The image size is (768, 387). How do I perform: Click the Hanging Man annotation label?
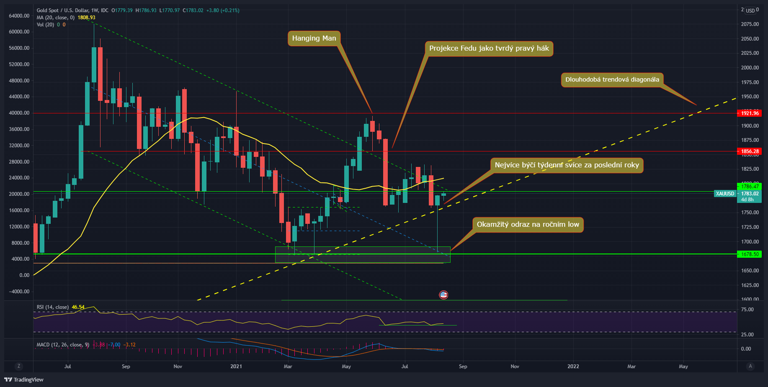(x=314, y=38)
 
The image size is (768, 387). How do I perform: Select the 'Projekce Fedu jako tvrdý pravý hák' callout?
(x=489, y=49)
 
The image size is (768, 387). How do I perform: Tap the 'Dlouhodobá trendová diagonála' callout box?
(x=612, y=80)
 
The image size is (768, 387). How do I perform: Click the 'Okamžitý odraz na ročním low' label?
(x=528, y=225)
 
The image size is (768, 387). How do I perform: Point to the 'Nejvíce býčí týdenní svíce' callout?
(x=567, y=165)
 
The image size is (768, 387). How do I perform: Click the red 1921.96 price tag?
(x=750, y=113)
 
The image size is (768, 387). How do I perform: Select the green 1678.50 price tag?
(x=750, y=254)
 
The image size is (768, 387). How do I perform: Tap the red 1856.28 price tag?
(x=750, y=151)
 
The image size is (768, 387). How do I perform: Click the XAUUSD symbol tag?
(x=725, y=194)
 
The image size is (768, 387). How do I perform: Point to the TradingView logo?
(x=24, y=379)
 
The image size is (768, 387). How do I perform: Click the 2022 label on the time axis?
(x=573, y=366)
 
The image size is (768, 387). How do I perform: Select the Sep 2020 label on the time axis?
(x=126, y=366)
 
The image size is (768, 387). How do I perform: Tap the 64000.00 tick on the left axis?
(x=19, y=16)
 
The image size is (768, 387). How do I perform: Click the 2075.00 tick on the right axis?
(x=750, y=24)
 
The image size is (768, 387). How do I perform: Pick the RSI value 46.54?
(x=78, y=307)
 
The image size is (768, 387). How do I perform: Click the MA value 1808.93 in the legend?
(x=86, y=18)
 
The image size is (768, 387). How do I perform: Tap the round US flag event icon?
(x=443, y=295)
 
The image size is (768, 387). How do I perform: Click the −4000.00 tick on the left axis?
(x=19, y=292)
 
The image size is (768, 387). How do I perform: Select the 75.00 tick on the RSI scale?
(x=747, y=310)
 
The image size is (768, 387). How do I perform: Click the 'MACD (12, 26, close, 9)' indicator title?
(x=63, y=345)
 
